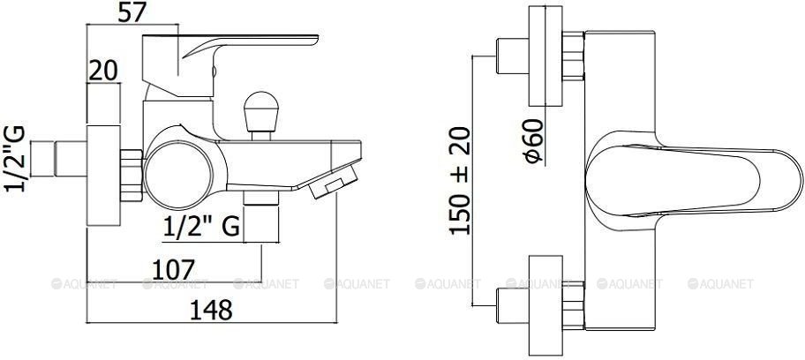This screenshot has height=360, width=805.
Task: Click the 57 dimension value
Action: (132, 11)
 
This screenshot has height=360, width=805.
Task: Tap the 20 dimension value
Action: (103, 71)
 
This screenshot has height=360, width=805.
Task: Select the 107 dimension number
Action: (174, 270)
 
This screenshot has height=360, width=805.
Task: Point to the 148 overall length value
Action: (211, 311)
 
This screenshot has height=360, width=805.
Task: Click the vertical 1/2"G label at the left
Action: (14, 158)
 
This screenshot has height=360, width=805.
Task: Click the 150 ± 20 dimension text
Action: (460, 181)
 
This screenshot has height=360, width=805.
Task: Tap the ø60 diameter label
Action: (534, 141)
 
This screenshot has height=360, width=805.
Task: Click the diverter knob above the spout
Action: (260, 115)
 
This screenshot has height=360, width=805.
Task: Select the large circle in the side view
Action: (178, 176)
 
